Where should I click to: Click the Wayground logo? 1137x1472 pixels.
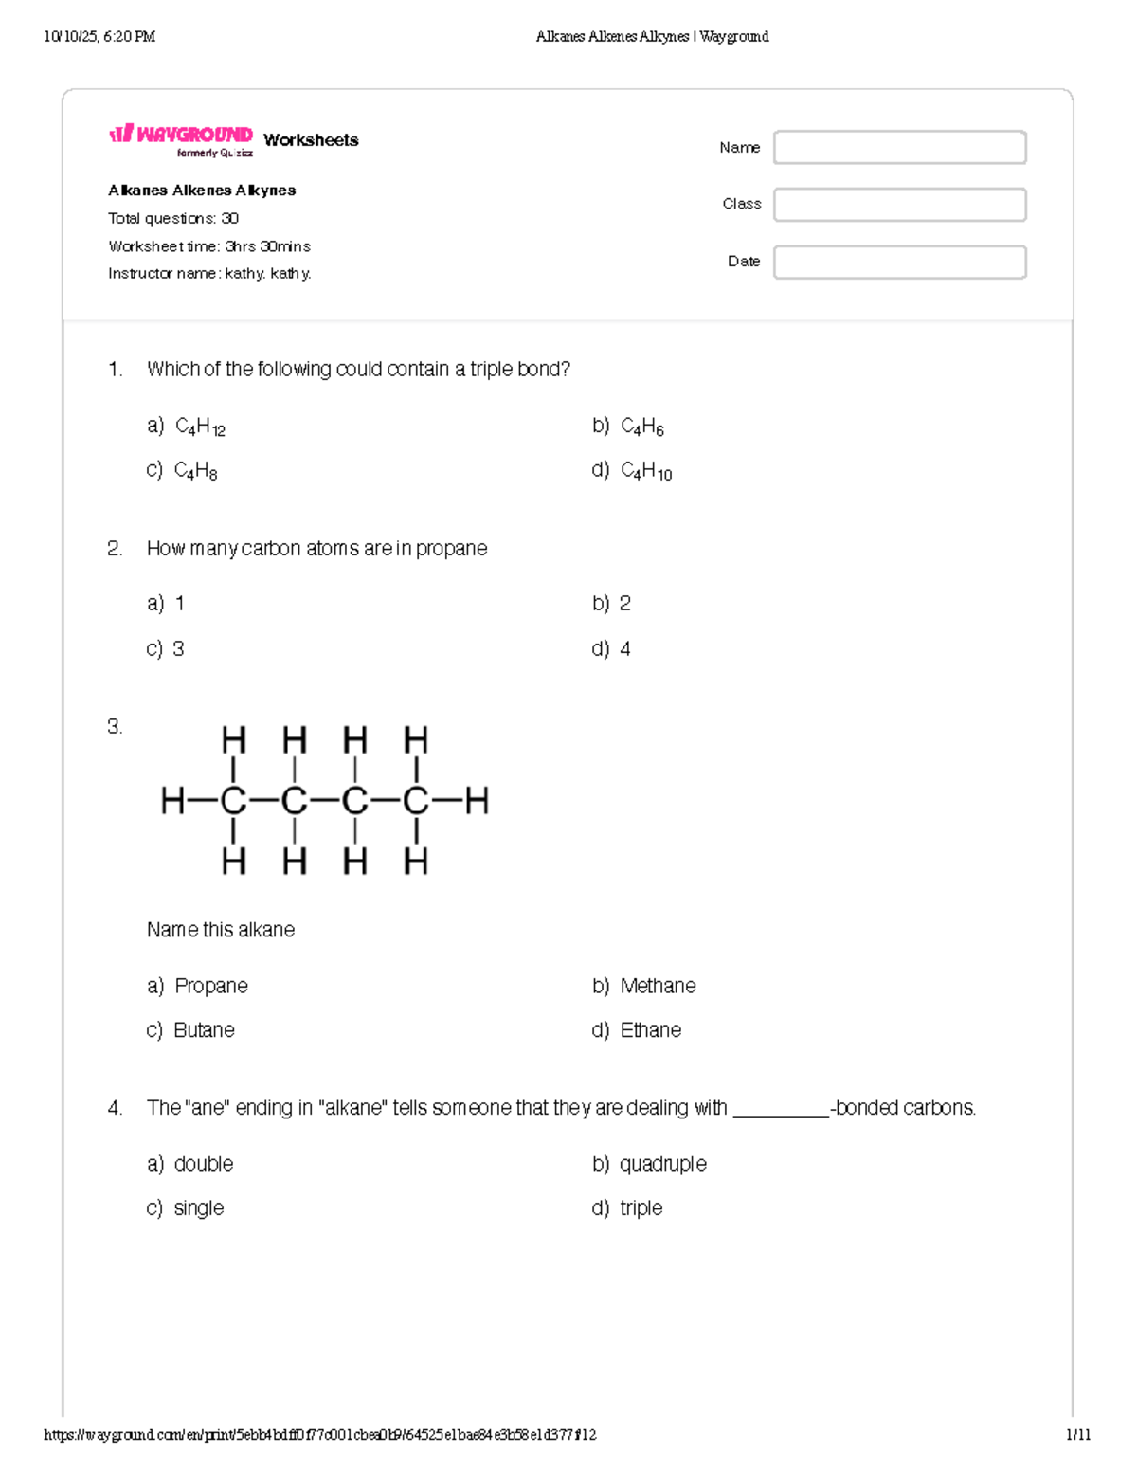click(x=181, y=138)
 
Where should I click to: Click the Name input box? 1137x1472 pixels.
click(x=899, y=148)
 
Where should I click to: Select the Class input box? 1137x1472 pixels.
click(x=899, y=205)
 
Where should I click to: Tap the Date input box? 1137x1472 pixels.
click(x=899, y=263)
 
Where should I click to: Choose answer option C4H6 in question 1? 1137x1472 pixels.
click(x=641, y=427)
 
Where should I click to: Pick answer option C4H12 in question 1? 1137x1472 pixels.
click(x=199, y=427)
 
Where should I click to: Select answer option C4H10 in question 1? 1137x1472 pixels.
click(x=645, y=471)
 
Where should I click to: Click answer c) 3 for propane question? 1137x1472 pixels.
click(x=177, y=649)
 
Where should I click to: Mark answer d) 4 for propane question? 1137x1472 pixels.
click(x=624, y=649)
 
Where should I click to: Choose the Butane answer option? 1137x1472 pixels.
click(x=204, y=1030)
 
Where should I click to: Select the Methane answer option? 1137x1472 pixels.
click(x=657, y=986)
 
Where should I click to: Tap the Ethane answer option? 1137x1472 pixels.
click(x=650, y=1030)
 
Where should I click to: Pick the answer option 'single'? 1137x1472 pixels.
click(x=198, y=1208)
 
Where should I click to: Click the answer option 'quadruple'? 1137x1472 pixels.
click(x=662, y=1164)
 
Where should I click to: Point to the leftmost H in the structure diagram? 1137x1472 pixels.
click(x=172, y=802)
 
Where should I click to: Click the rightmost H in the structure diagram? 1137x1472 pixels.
click(x=477, y=802)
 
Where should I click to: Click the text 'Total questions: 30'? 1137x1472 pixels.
click(x=173, y=218)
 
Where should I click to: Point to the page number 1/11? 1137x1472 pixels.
click(x=1077, y=1435)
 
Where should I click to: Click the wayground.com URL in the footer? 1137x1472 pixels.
click(x=320, y=1435)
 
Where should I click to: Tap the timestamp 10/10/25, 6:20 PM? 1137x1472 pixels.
click(x=99, y=37)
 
